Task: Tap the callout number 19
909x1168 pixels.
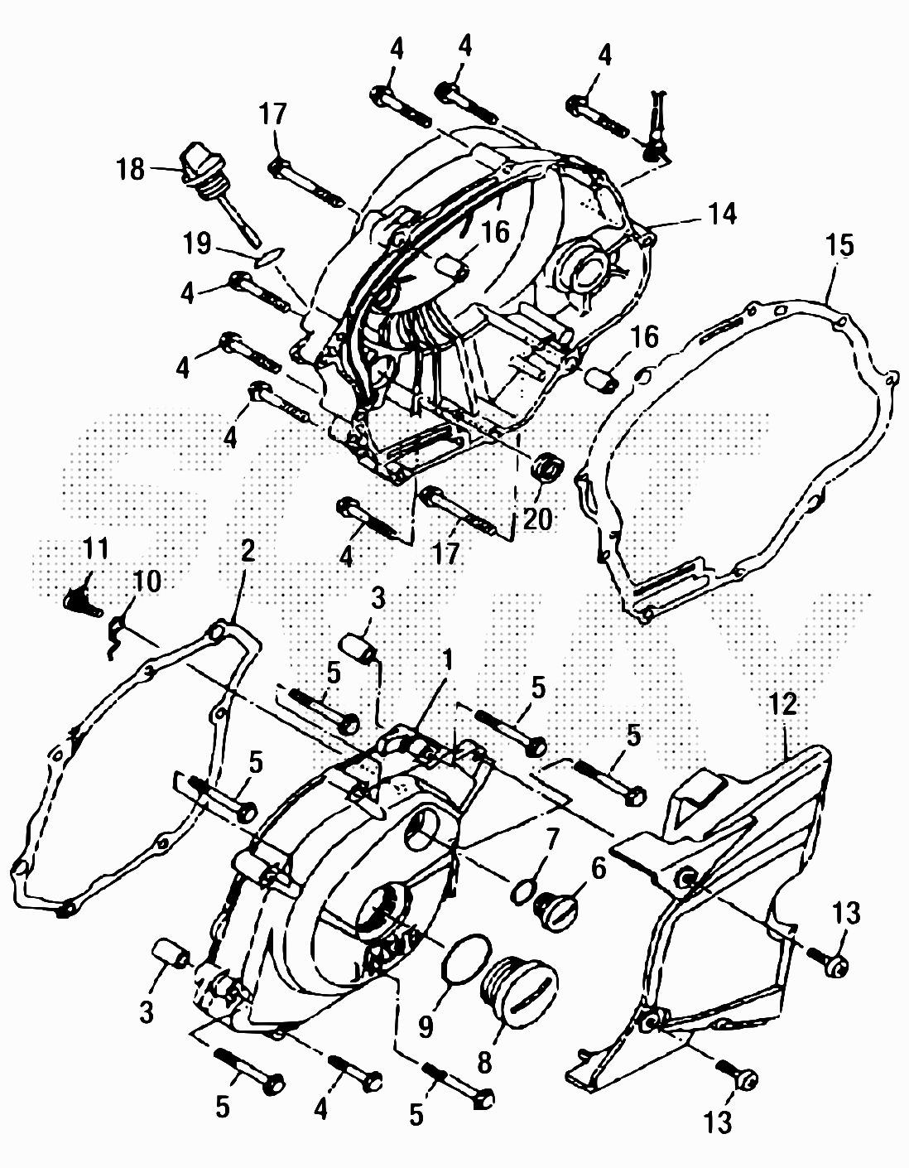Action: tap(197, 244)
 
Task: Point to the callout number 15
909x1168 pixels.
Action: tap(840, 245)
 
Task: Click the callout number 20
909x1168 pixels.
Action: tap(537, 519)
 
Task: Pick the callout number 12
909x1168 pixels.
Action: tap(782, 705)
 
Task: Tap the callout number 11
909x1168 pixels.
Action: tap(95, 548)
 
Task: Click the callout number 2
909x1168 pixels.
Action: tap(247, 550)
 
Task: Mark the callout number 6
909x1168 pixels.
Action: tap(598, 867)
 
